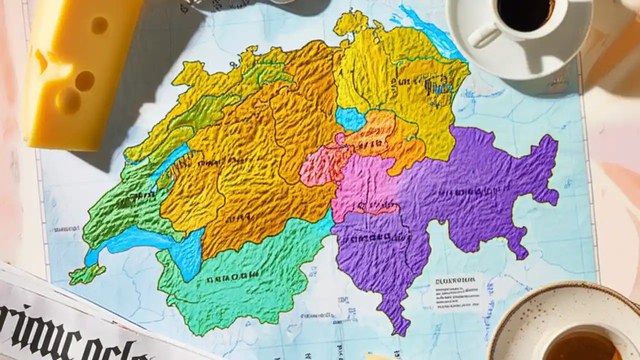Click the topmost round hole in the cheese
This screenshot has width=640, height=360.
click(99, 25)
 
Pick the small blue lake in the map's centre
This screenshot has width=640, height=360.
click(350, 119)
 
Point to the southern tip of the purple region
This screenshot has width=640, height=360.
click(399, 327)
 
